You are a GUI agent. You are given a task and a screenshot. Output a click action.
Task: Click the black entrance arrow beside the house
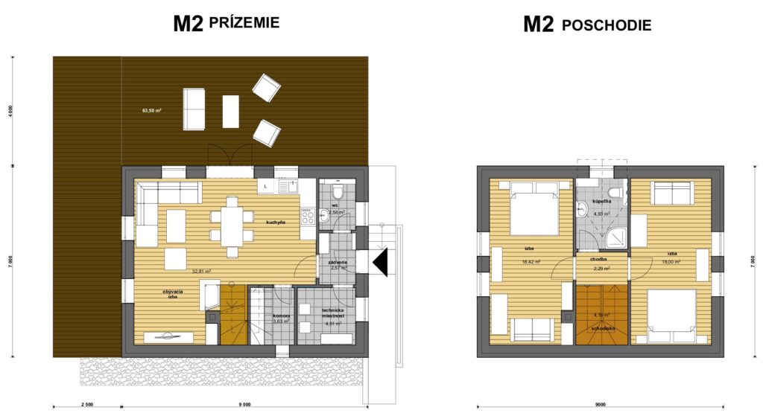point(381,263)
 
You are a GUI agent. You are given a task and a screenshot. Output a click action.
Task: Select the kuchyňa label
point(276,221)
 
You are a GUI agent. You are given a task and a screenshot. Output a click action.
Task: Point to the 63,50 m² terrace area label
point(152,110)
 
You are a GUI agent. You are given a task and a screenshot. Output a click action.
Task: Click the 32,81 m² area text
point(201,272)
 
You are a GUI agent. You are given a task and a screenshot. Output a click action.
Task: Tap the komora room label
point(280,316)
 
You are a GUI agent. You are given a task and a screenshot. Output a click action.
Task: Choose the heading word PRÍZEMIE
point(245,23)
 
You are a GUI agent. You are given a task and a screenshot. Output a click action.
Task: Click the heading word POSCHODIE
point(607,25)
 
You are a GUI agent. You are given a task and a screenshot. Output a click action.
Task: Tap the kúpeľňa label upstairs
point(602,202)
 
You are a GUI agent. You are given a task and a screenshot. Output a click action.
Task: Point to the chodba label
point(599,260)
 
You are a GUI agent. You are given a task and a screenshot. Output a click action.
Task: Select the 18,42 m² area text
point(531,261)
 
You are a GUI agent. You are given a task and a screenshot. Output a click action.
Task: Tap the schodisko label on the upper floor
point(602,327)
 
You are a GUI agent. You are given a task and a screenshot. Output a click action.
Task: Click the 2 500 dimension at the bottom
point(85,405)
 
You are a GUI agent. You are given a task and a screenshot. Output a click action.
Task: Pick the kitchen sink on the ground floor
point(292,186)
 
